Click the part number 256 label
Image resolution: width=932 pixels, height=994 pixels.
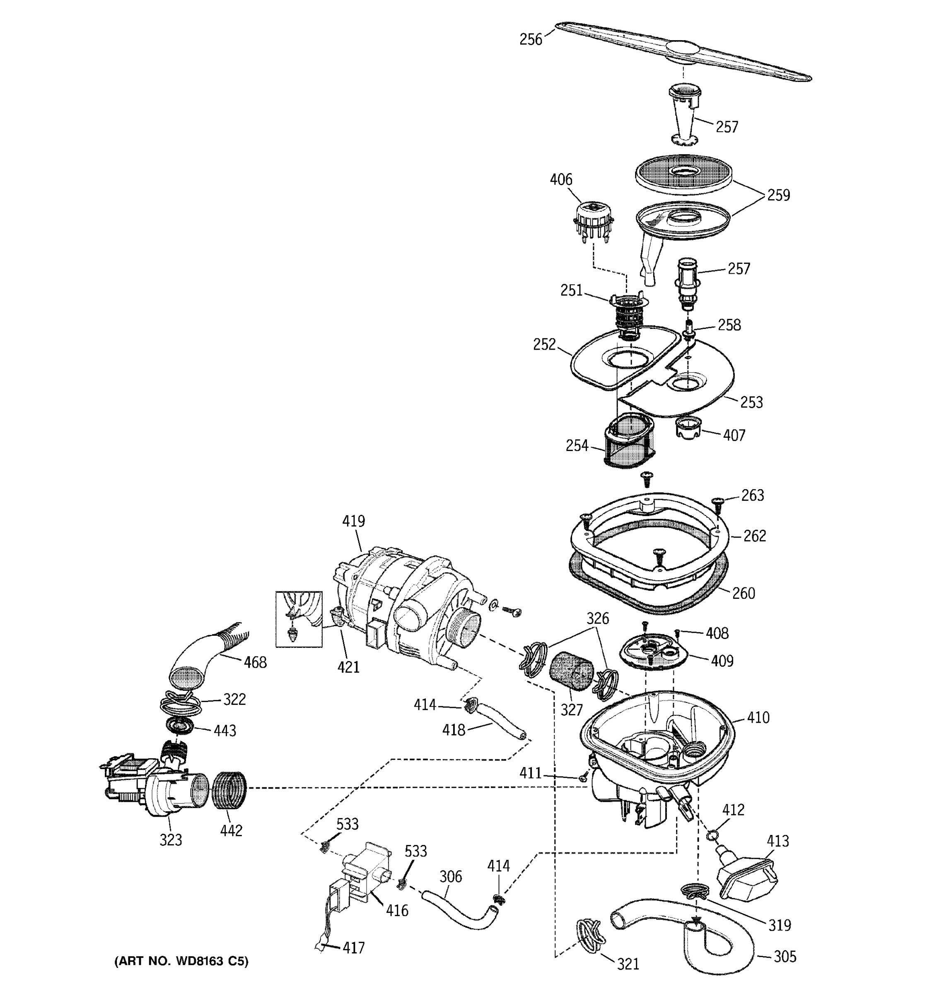pyautogui.click(x=531, y=39)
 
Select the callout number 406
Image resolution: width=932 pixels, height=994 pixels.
pyautogui.click(x=560, y=179)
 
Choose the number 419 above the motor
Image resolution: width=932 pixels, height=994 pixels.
pyautogui.click(x=353, y=521)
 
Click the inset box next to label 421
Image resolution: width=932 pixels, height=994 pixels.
pyautogui.click(x=299, y=619)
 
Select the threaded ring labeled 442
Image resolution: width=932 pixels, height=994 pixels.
pyautogui.click(x=230, y=789)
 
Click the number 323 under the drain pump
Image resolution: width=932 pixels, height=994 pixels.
pyautogui.click(x=171, y=840)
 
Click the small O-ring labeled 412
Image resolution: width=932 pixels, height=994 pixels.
pyautogui.click(x=712, y=835)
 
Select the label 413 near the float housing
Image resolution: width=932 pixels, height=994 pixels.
pyautogui.click(x=778, y=841)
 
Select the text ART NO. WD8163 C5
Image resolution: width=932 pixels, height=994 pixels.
pyautogui.click(x=181, y=961)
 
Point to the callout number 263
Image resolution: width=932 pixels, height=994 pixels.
pyautogui.click(x=753, y=495)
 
